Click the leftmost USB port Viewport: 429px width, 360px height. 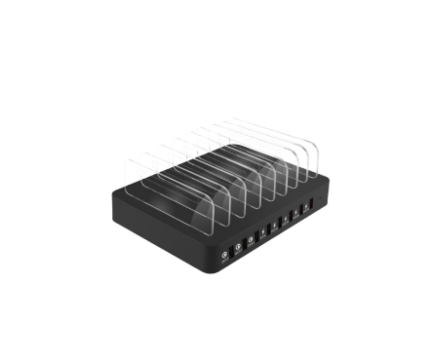point(231,251)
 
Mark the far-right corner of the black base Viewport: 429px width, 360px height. point(330,180)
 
